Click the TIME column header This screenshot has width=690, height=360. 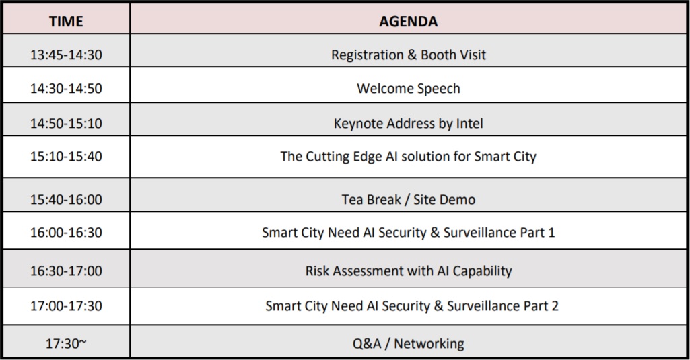pyautogui.click(x=66, y=21)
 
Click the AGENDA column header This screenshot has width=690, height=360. pyautogui.click(x=409, y=21)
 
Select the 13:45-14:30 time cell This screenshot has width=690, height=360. pyautogui.click(x=66, y=55)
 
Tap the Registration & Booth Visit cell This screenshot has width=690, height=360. pyautogui.click(x=409, y=55)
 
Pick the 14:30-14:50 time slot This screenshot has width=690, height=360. pyautogui.click(x=66, y=88)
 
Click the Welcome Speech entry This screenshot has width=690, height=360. pyautogui.click(x=409, y=88)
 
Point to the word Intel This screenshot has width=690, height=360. pyautogui.click(x=469, y=123)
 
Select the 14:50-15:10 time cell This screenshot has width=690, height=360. pyautogui.click(x=66, y=123)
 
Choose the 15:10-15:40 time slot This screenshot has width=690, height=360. pyautogui.click(x=66, y=156)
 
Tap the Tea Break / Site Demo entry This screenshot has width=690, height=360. pyautogui.click(x=409, y=199)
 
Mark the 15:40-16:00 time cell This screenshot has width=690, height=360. pyautogui.click(x=66, y=199)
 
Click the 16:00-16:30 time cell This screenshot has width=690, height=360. pyautogui.click(x=66, y=232)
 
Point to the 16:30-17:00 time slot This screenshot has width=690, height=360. pyautogui.click(x=66, y=271)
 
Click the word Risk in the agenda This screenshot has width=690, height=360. pyautogui.click(x=317, y=271)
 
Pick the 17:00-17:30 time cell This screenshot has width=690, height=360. pyautogui.click(x=66, y=306)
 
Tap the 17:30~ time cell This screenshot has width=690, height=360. pyautogui.click(x=66, y=343)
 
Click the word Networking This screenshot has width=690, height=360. pyautogui.click(x=429, y=344)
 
